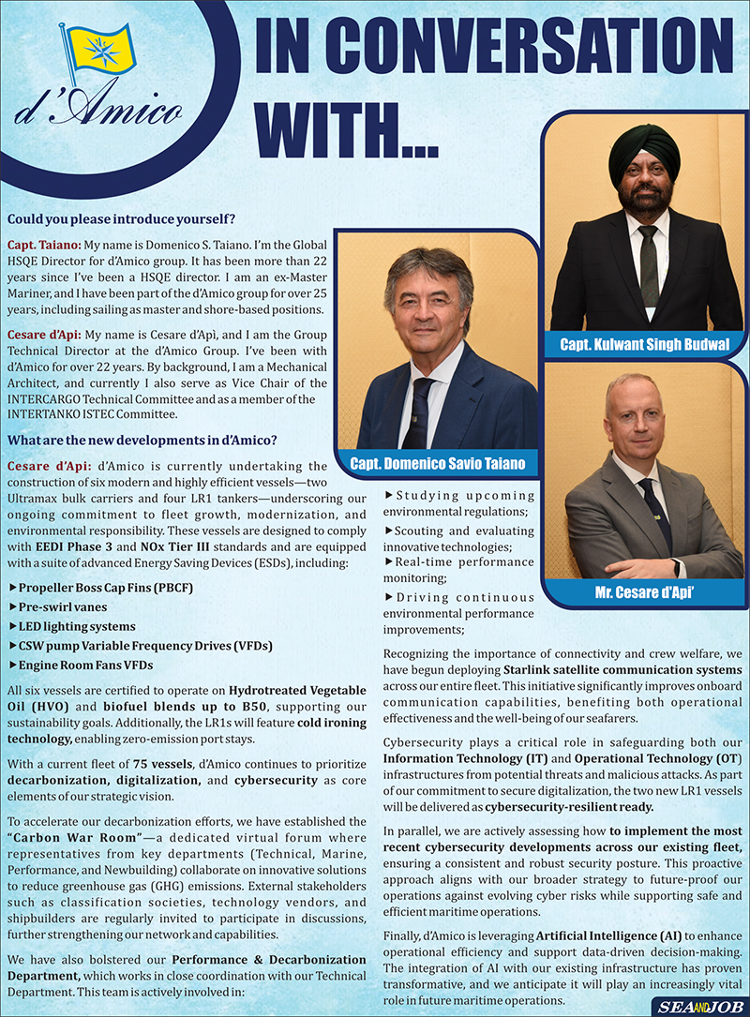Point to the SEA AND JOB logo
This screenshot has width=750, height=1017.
(691, 1006)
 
